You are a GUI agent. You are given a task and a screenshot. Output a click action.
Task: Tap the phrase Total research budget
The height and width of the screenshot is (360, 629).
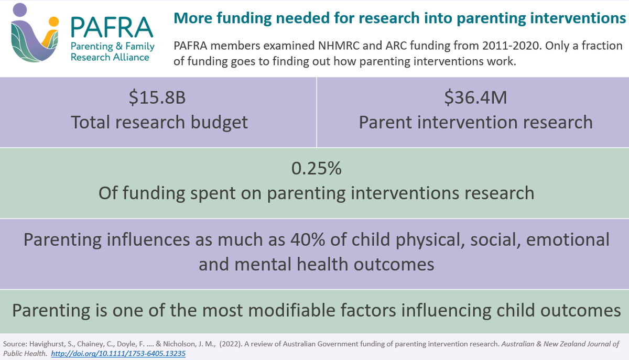tap(159, 122)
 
